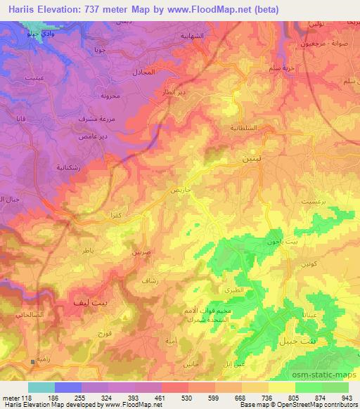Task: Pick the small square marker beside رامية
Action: [33, 362]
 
